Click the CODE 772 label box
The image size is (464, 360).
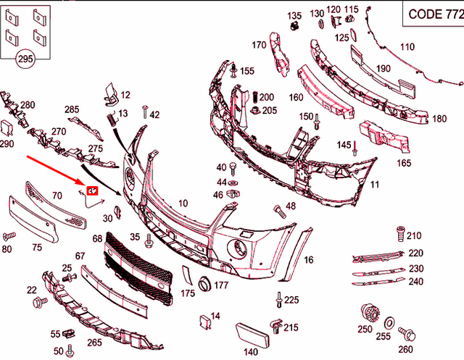pos(432,13)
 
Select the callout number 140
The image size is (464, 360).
pos(250,352)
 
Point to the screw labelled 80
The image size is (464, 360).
pos(10,236)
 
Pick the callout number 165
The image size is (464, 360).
pos(404,164)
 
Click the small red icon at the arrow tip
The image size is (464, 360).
pos(92,190)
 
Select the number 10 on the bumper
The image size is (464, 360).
pos(182,203)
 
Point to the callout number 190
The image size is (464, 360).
pos(383,69)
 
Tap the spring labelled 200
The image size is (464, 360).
pos(256,97)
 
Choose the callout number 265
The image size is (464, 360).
pos(94,343)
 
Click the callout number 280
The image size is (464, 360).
pos(27,105)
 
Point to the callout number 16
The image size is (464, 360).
pos(308,259)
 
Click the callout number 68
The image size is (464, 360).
pos(97,238)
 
